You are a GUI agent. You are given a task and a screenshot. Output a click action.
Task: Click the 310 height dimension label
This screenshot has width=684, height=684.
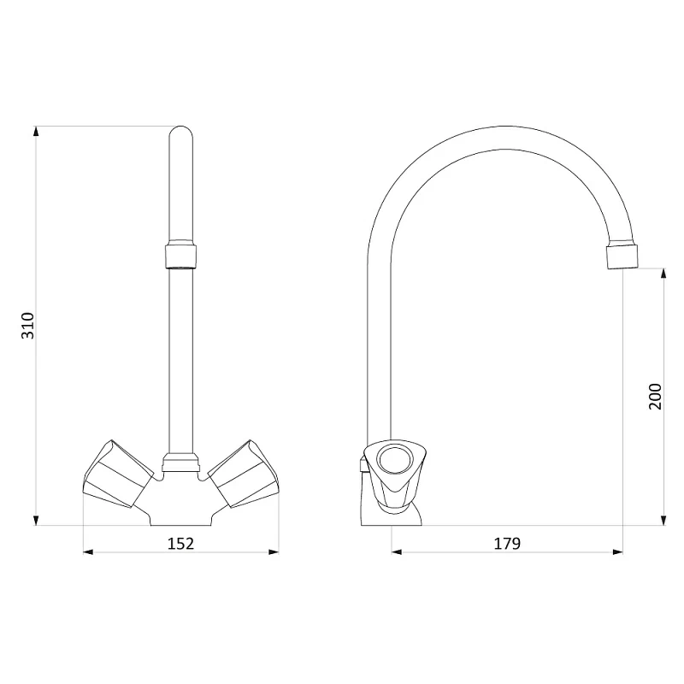point(28,326)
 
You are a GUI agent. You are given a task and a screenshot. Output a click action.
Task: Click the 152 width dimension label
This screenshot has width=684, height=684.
point(180,544)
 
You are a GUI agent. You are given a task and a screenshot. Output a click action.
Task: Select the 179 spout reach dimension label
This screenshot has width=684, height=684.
point(507,544)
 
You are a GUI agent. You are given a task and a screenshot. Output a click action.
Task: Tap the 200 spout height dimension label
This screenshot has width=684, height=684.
point(655,397)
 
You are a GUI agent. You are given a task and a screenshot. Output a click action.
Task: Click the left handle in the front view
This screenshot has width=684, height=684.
point(118,475)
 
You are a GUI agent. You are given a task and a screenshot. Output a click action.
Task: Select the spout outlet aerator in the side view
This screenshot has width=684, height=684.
point(622,256)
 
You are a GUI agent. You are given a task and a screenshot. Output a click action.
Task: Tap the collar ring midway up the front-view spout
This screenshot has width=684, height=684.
point(180,256)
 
